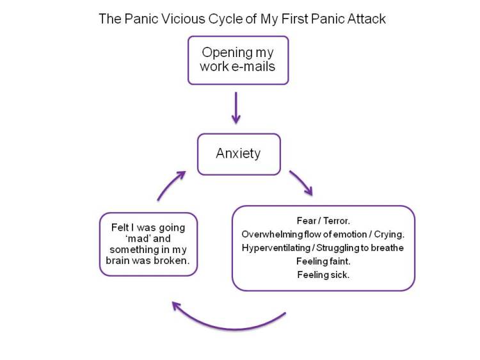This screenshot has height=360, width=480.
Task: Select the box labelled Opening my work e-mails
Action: (238, 60)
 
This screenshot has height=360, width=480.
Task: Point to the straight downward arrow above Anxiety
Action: (236, 108)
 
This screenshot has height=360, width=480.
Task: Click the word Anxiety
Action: (238, 154)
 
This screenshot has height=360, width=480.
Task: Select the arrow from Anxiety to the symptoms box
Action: (301, 183)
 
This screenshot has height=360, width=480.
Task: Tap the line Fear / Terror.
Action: (323, 221)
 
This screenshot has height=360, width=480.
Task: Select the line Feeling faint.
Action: (323, 261)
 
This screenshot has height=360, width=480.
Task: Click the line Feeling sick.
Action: (323, 275)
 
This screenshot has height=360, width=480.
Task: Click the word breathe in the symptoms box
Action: (387, 248)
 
